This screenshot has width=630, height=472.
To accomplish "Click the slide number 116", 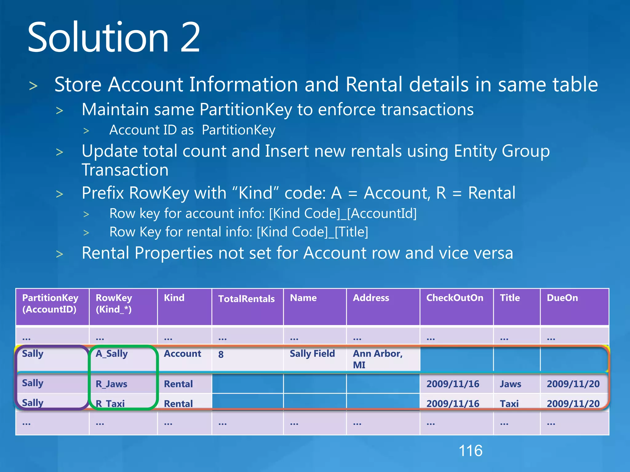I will (x=470, y=451).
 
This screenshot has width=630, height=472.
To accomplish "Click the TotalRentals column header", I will (x=246, y=299).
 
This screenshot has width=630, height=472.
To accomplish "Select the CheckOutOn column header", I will (x=454, y=298).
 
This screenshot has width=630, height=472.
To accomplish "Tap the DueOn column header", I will (x=562, y=298).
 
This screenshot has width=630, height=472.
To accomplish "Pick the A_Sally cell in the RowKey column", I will (x=112, y=354).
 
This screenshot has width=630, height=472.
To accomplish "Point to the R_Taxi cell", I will (x=110, y=403).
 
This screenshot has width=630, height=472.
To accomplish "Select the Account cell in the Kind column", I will (x=182, y=354).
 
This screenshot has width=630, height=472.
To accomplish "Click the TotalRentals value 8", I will (x=221, y=355).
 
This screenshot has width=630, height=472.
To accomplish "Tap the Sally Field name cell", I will (x=312, y=354).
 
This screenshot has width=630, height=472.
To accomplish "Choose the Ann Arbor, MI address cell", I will (x=377, y=359).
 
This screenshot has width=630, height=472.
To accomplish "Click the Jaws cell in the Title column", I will (x=510, y=384).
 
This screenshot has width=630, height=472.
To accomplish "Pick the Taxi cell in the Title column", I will (x=509, y=403).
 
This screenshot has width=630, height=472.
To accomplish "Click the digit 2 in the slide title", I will (x=190, y=37).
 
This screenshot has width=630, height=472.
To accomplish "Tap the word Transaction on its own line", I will (x=125, y=170).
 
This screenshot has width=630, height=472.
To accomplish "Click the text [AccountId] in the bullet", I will (x=382, y=213).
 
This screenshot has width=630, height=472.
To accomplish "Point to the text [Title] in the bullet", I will (x=351, y=232).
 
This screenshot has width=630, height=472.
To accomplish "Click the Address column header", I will (x=371, y=298).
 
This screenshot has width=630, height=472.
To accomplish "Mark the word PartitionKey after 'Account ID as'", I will (x=238, y=130).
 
